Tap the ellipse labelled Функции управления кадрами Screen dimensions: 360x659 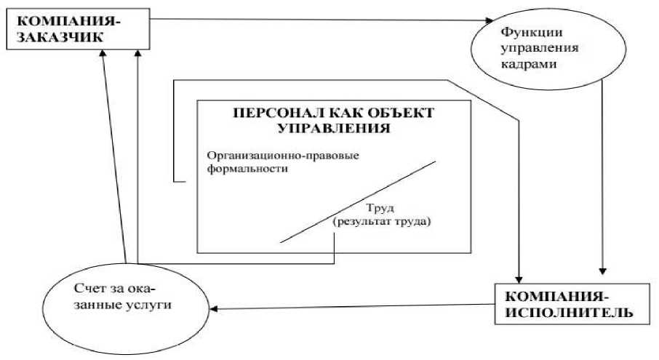pyautogui.click(x=527, y=48)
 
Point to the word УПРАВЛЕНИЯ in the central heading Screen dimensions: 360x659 pyautogui.click(x=334, y=129)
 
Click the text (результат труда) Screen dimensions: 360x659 pyautogui.click(x=381, y=221)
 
